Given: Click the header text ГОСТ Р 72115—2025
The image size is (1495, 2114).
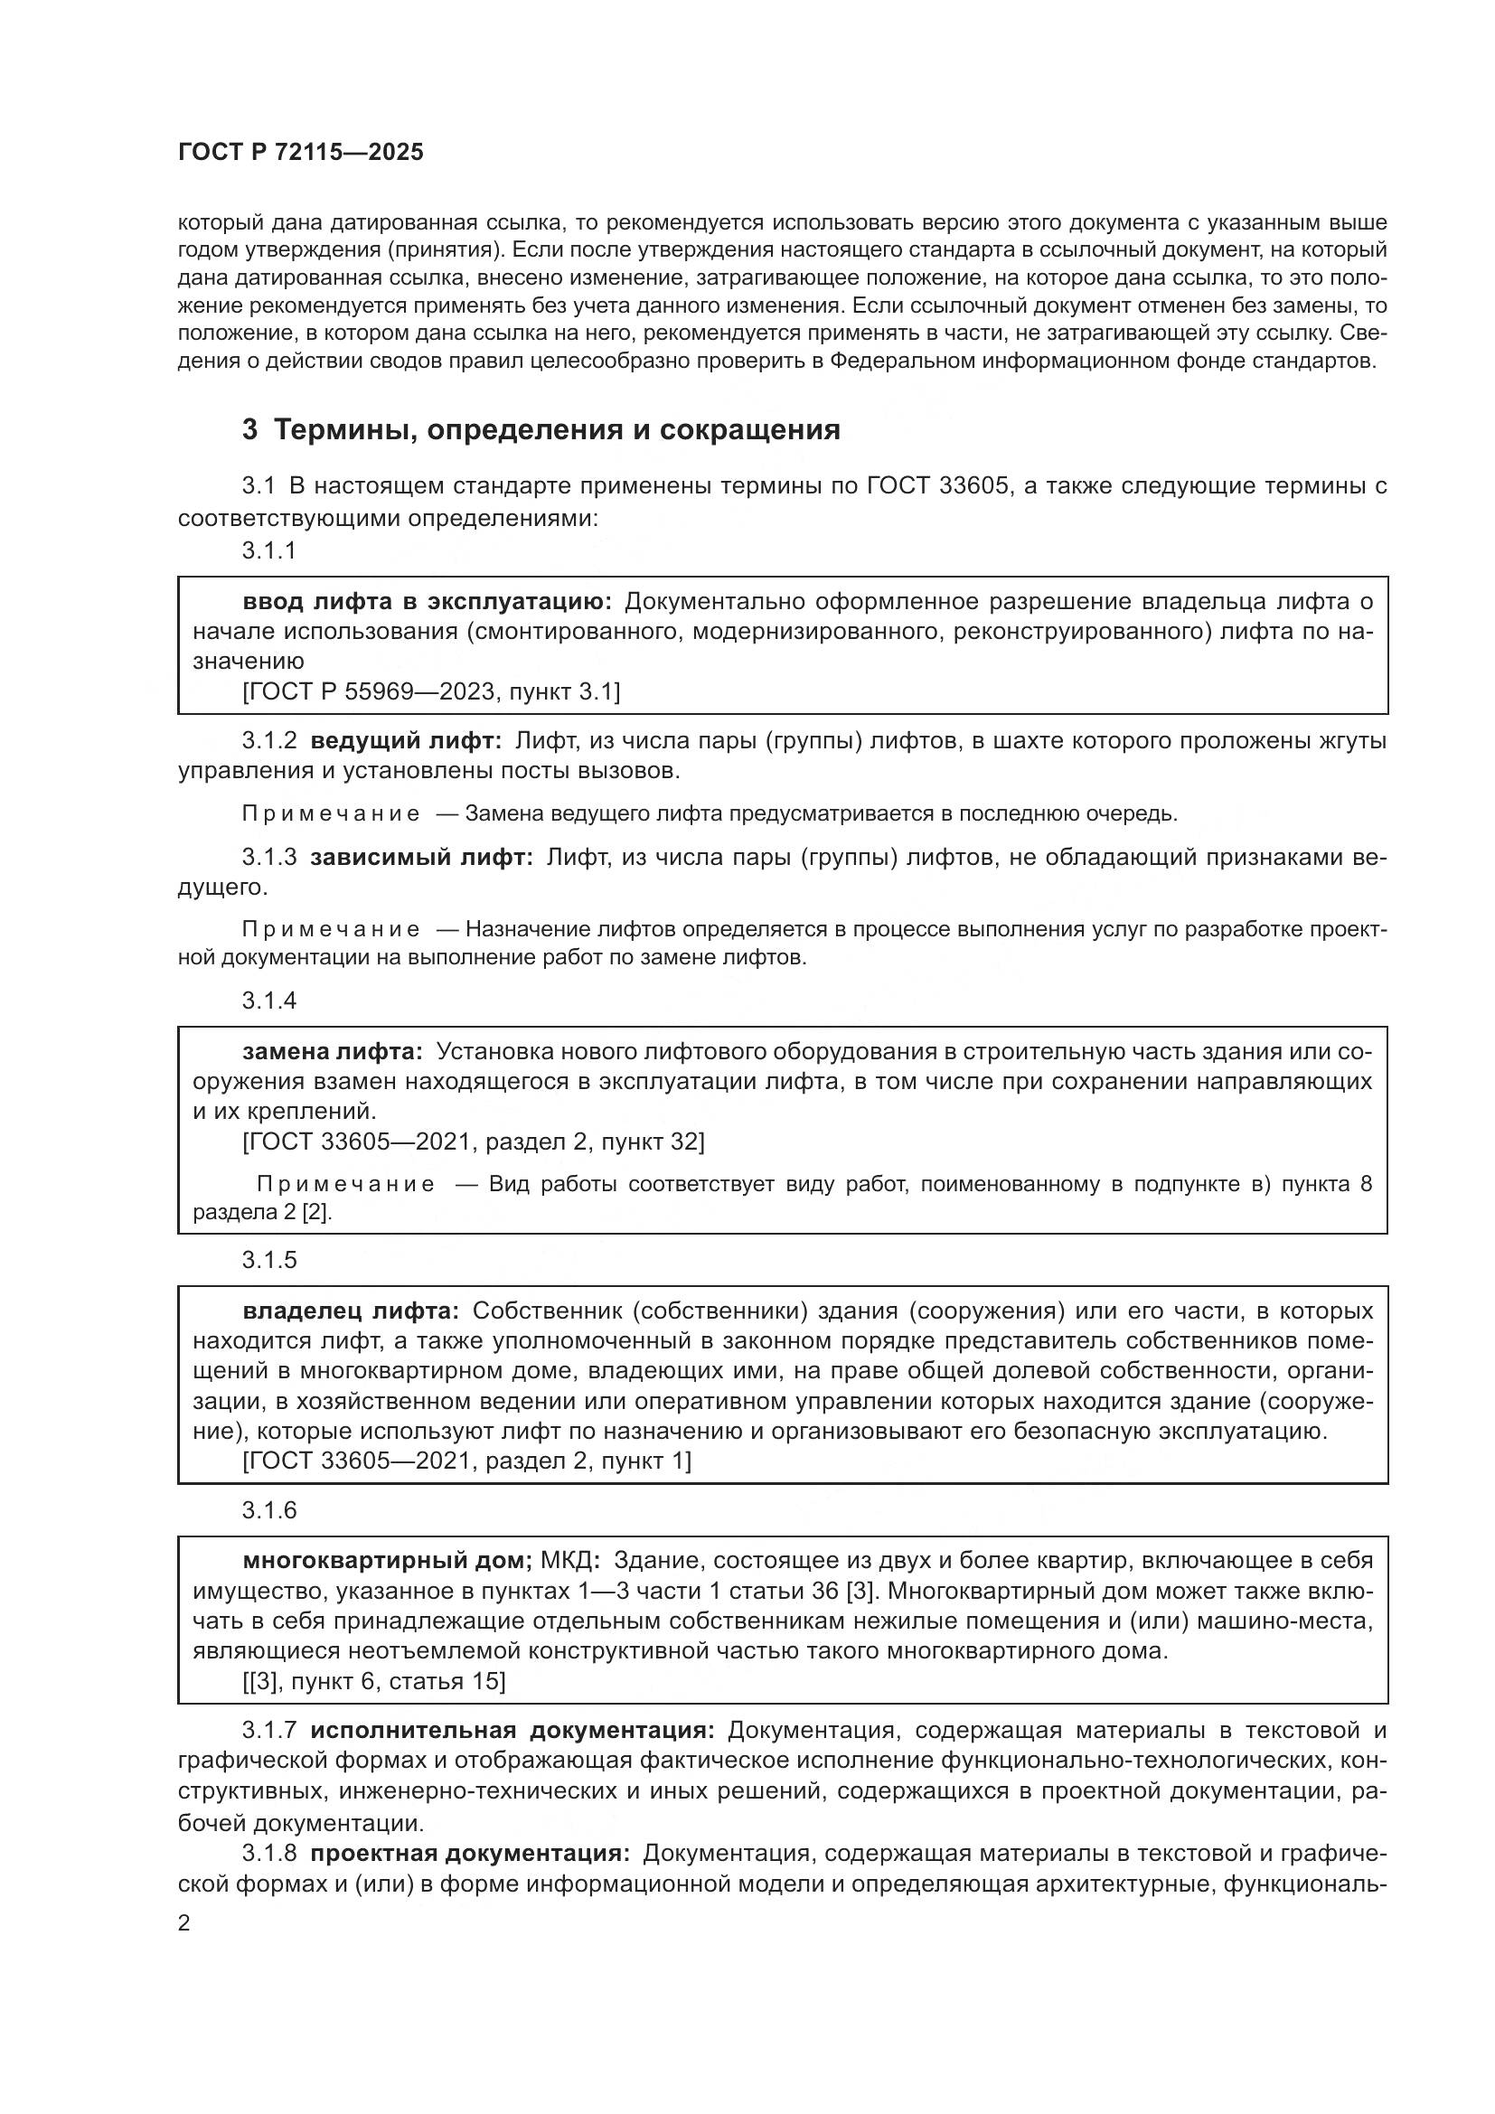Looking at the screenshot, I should click(x=300, y=153).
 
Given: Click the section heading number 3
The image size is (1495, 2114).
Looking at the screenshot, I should click(x=249, y=430).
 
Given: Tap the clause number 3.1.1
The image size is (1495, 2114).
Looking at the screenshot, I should click(x=268, y=550).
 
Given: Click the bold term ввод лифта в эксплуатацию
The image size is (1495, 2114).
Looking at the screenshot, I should click(x=428, y=602).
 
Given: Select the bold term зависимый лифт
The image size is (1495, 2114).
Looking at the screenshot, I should click(x=420, y=857).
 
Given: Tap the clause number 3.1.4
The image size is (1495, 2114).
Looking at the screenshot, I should click(x=268, y=1001).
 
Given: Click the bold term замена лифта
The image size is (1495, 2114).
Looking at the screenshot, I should click(x=333, y=1051).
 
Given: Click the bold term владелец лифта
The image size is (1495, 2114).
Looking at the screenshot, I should click(x=350, y=1311).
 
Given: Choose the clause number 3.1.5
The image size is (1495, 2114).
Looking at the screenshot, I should click(x=268, y=1261).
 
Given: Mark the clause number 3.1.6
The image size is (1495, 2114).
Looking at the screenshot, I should click(x=268, y=1510).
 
